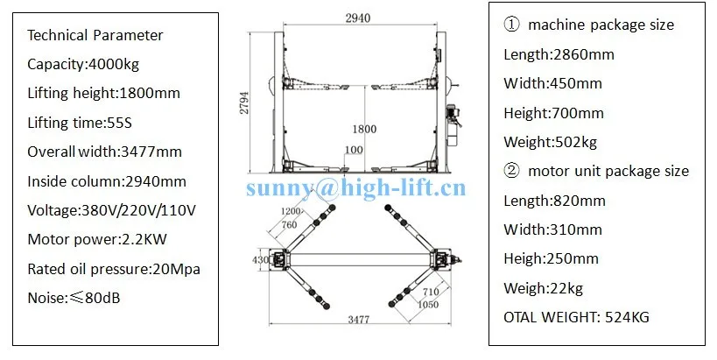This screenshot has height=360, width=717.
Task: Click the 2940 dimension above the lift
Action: (x=357, y=18)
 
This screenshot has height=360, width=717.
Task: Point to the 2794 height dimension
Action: (x=244, y=103)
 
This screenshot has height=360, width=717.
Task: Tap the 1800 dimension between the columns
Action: (x=364, y=129)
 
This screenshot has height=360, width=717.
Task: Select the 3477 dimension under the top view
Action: (x=359, y=320)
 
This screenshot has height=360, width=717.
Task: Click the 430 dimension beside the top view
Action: (x=260, y=260)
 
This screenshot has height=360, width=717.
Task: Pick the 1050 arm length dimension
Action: (x=428, y=305)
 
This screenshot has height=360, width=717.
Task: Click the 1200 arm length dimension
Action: (x=291, y=211)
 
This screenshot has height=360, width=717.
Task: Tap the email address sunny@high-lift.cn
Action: (x=356, y=188)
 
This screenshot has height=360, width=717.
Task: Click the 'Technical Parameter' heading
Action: (x=95, y=35)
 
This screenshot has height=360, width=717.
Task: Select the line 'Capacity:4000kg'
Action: (x=83, y=64)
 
